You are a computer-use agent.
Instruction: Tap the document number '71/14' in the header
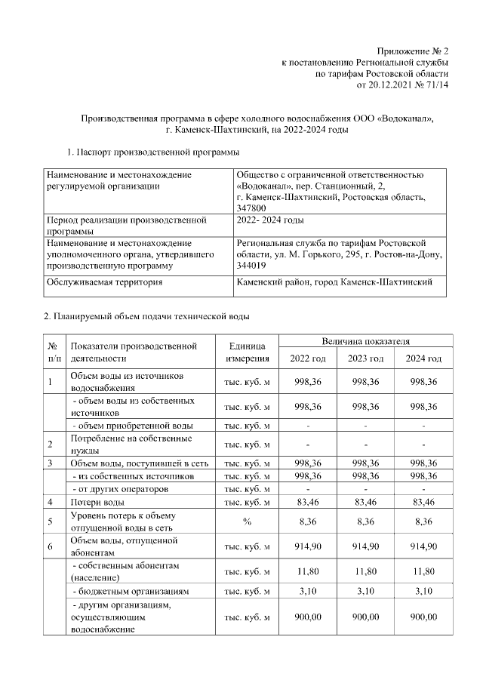[x=436, y=85]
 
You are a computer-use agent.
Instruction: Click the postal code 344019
[x=251, y=266]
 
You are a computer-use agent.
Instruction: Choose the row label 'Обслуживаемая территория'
[x=106, y=282]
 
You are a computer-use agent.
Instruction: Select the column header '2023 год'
[x=365, y=357]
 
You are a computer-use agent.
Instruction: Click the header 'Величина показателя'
[x=365, y=342]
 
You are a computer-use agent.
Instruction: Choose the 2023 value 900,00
[x=365, y=617]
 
